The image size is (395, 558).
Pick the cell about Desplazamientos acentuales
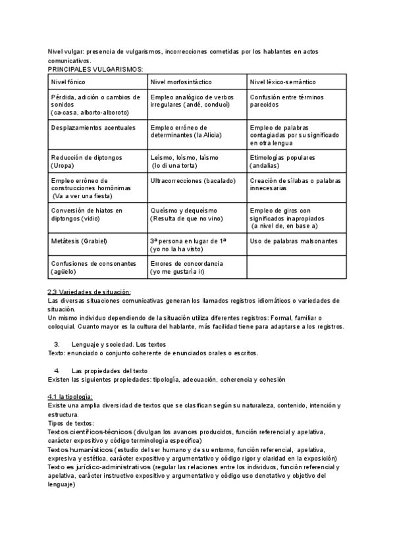pos(92,127)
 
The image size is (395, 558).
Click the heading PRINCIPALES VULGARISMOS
pos(95,68)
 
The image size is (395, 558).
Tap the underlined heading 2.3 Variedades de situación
pos(90,292)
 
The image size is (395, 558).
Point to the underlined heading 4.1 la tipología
pos(70,396)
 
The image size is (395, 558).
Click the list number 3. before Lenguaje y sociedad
pos(57,343)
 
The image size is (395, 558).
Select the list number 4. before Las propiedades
pos(57,370)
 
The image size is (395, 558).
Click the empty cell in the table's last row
pos(296,266)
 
